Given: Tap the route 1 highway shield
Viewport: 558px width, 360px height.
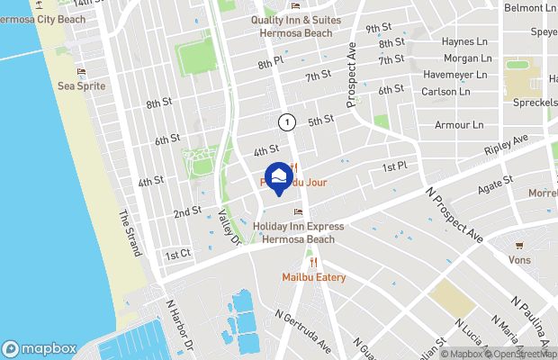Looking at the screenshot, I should coord(286,121).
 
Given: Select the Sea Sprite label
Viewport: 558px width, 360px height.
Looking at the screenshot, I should coord(81,86).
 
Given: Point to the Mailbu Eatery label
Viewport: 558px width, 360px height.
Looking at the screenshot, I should coord(313,277).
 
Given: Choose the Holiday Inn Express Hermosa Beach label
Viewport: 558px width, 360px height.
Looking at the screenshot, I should coord(297,234).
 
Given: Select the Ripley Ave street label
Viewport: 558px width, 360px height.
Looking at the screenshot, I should coord(506,148).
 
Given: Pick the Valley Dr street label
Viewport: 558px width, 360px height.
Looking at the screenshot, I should coord(229,226).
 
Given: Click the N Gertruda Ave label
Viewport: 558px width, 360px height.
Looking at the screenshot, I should coord(304,330).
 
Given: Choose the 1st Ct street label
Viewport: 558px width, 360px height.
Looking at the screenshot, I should coord(177,255).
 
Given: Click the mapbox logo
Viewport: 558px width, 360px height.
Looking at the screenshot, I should coord(40,348).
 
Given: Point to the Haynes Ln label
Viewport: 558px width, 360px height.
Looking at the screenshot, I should coord(464,41).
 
